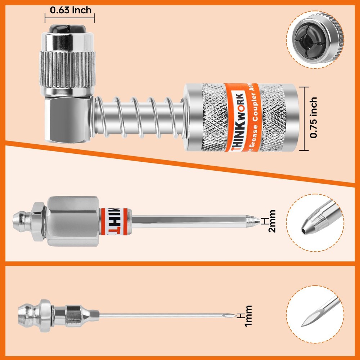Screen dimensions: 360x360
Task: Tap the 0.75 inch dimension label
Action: pyautogui.click(x=313, y=118)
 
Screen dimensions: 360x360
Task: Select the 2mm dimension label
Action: pyautogui.click(x=272, y=221)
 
